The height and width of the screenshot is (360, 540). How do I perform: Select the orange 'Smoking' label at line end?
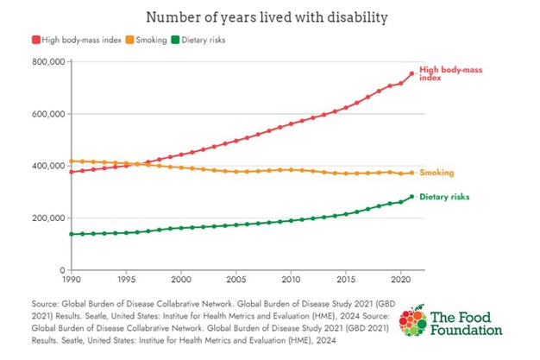point(437,173)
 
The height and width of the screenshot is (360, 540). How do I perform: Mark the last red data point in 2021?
point(411,74)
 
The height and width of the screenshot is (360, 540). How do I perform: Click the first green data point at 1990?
point(70,234)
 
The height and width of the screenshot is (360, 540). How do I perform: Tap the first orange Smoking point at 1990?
point(70,161)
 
